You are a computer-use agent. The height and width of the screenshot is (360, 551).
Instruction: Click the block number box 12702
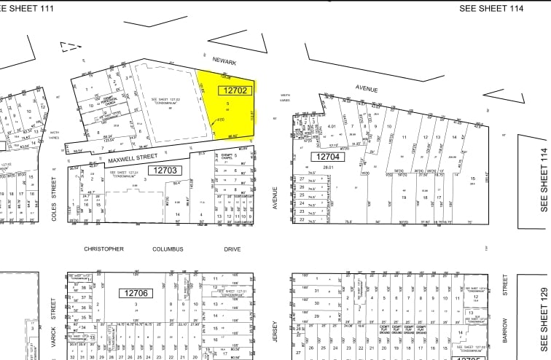(234, 90)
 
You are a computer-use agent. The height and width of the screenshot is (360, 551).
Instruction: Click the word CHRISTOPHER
(104, 249)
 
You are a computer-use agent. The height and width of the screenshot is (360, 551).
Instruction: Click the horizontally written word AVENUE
(367, 89)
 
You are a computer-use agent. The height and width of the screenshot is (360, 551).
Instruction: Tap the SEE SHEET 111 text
(35, 7)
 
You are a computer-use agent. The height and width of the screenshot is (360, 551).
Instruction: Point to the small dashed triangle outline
(71, 46)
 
